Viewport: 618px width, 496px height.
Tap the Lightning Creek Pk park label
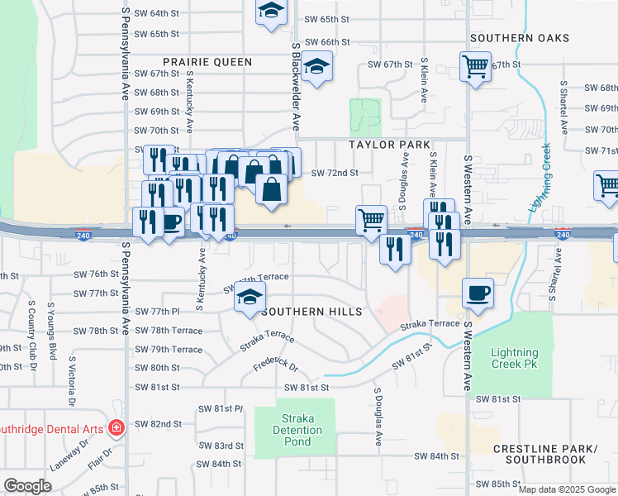(x=521, y=359)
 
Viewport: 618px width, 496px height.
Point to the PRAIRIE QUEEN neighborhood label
(x=207, y=62)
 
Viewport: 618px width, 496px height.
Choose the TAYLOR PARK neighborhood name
(x=390, y=144)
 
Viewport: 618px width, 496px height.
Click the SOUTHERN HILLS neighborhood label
(x=311, y=312)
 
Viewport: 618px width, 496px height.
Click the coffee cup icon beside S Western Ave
(x=479, y=292)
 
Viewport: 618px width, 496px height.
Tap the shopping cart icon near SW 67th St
(x=475, y=65)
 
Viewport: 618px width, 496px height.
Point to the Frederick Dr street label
(x=274, y=362)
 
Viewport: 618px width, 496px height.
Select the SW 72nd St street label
(x=335, y=173)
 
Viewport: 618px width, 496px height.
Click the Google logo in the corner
(x=27, y=486)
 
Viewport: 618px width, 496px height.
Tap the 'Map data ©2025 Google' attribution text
(x=567, y=489)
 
